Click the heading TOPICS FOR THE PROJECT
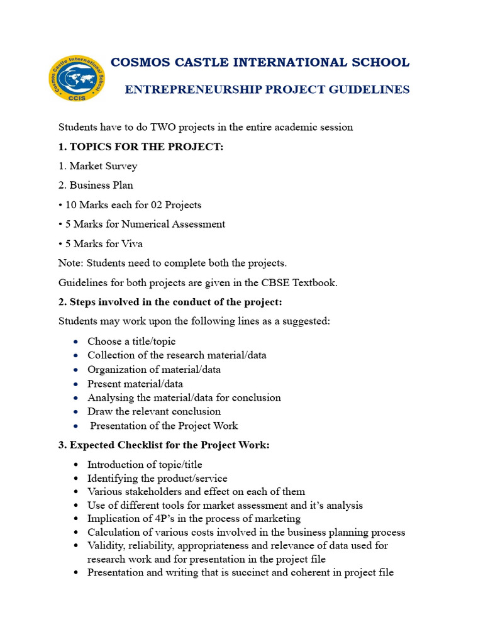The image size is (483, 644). (147, 147)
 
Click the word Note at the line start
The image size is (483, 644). (70, 264)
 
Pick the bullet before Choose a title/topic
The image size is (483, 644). (75, 342)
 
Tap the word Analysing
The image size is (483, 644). (109, 397)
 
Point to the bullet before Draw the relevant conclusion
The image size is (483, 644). (75, 412)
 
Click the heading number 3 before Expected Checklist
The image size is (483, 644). (62, 445)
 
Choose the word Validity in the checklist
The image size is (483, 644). (104, 546)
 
